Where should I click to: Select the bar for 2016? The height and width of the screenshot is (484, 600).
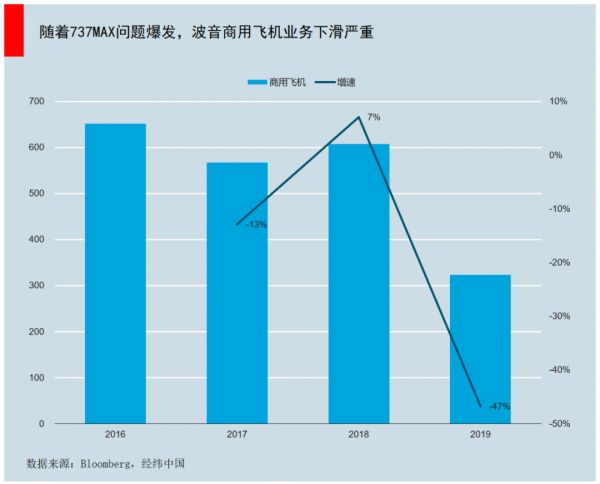[115, 273]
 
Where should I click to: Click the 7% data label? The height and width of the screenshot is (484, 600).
[373, 117]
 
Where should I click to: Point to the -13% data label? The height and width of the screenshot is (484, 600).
[256, 225]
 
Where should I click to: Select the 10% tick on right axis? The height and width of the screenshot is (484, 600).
[558, 102]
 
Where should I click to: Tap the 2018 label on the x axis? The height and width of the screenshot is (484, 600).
[359, 435]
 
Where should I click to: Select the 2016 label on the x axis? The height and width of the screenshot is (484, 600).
[115, 435]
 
